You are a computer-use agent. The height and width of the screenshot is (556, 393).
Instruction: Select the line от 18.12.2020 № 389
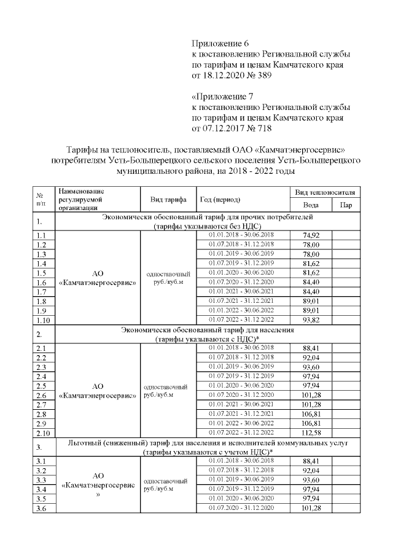[x=230, y=76]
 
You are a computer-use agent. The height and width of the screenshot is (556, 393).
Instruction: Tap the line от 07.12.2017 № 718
[x=230, y=129]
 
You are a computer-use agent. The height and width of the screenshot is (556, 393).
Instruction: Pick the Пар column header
[x=346, y=205]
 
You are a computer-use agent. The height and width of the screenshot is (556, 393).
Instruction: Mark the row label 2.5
[x=42, y=386]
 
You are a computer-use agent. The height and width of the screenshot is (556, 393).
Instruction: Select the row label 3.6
[x=42, y=508]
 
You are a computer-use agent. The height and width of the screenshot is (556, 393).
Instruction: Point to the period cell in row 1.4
[x=241, y=263]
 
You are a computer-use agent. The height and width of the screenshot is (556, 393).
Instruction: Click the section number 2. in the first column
[x=40, y=334]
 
